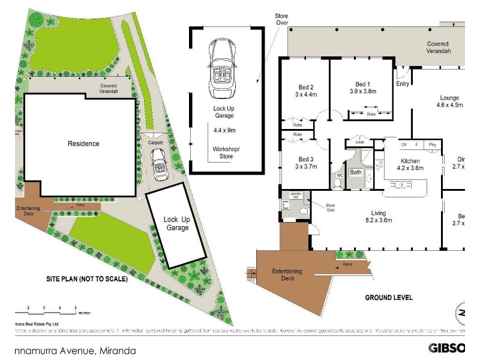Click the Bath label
[x=356, y=173]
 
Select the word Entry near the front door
[x=403, y=84]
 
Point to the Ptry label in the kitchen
[x=432, y=145]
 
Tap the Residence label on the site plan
[x=83, y=143]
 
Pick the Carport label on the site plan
[x=155, y=143]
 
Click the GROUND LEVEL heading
[x=389, y=298]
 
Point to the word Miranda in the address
[x=118, y=350]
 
